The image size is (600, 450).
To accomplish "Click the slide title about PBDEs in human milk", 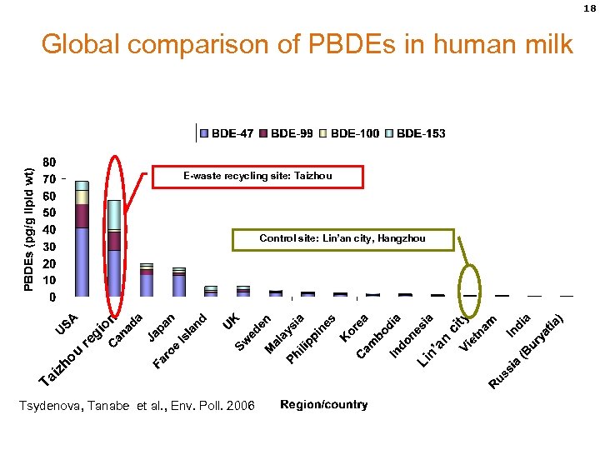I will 307,43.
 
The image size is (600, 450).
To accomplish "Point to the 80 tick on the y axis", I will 49,162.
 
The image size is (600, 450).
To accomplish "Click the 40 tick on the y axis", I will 49,229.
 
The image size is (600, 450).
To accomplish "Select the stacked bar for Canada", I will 147,280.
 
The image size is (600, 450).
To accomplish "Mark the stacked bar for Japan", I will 178,282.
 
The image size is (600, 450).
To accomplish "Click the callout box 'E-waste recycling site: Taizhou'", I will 257,177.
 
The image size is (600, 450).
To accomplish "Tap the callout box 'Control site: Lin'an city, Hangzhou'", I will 342,239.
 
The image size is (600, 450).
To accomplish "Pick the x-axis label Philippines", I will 312,339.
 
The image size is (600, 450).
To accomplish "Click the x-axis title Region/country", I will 323,405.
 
